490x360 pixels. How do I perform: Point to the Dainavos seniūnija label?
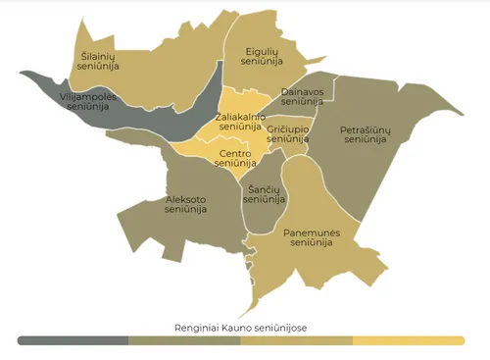pos(301,96)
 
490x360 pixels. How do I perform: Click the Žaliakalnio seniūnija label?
pos(240,123)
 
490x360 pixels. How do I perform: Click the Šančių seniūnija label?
pos(264,194)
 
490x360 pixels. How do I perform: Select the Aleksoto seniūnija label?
pos(185,203)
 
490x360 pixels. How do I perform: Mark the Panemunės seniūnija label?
pos(311,237)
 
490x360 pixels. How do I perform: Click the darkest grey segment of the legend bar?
pos(73,340)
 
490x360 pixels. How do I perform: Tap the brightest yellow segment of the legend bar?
pos(408,340)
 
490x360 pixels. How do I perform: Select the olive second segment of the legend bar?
pos(185,340)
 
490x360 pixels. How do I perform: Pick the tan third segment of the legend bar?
pos(297,340)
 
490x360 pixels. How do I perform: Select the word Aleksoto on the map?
pos(185,198)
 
